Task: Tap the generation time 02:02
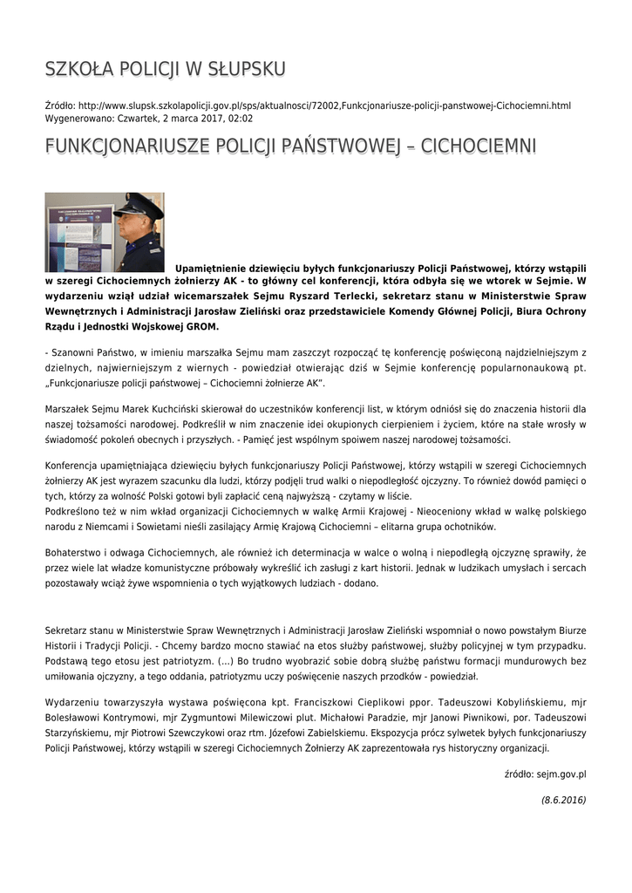point(240,118)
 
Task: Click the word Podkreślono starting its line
point(73,512)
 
